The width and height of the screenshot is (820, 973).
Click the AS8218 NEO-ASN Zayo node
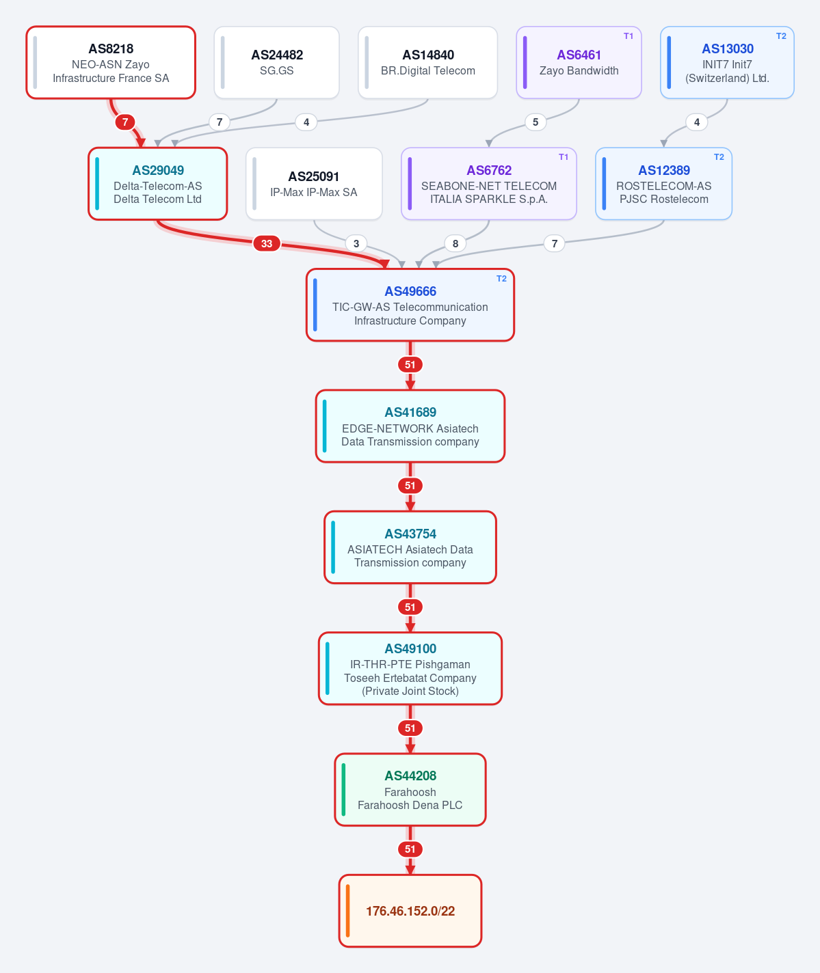[111, 62]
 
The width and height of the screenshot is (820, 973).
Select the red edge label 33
[266, 243]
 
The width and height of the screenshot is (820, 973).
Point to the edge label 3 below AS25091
[356, 243]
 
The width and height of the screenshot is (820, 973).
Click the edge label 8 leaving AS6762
[455, 243]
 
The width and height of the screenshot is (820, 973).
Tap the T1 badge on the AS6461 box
[629, 36]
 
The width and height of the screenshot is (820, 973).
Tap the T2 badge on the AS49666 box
[501, 279]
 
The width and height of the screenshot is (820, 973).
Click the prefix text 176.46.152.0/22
[410, 911]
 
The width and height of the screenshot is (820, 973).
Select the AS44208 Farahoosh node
[410, 790]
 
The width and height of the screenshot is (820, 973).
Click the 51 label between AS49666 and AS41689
[410, 364]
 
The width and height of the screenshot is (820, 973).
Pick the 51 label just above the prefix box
[410, 849]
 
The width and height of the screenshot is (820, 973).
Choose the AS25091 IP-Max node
[314, 184]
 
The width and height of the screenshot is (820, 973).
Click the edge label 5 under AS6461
[535, 122]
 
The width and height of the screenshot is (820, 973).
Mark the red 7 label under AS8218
[125, 122]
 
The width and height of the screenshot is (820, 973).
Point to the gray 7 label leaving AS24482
[220, 122]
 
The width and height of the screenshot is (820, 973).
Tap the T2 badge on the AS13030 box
[781, 36]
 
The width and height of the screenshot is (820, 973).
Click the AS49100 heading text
[410, 648]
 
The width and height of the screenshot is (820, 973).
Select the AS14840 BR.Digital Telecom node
[427, 62]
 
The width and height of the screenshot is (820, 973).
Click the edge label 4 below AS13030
[697, 122]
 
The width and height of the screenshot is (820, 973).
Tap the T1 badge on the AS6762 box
[564, 157]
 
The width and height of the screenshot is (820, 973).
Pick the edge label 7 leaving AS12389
[554, 243]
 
